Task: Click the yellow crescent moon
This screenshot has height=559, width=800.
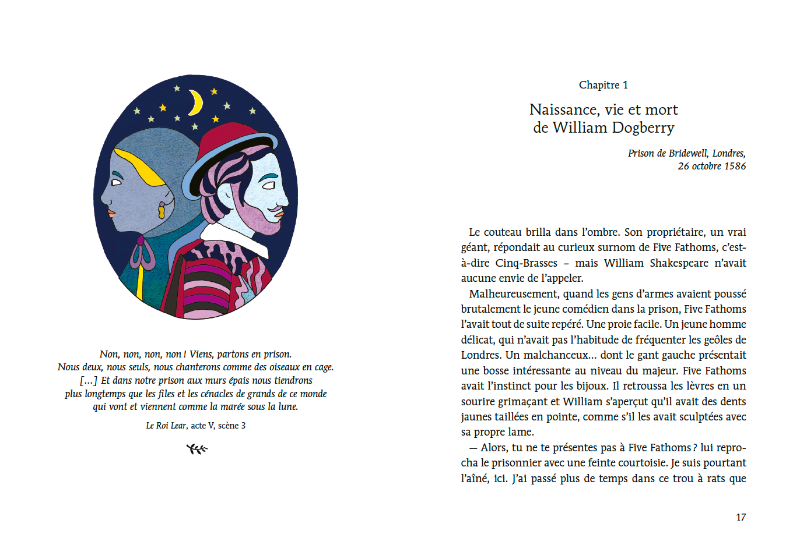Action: (x=196, y=102)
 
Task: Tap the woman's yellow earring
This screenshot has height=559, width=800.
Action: (x=162, y=210)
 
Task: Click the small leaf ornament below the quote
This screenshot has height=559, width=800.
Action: (x=197, y=448)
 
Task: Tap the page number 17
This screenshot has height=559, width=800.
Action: (x=741, y=517)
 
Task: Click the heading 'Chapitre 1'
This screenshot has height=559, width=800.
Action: (x=603, y=85)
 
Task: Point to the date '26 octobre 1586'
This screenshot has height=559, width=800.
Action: (x=711, y=166)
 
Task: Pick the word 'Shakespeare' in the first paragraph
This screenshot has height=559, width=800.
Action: (x=679, y=263)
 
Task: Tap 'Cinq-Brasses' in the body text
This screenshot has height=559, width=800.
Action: (x=526, y=263)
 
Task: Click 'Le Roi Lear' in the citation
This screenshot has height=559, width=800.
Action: (x=166, y=426)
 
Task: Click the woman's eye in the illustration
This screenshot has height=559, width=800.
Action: (x=116, y=182)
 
